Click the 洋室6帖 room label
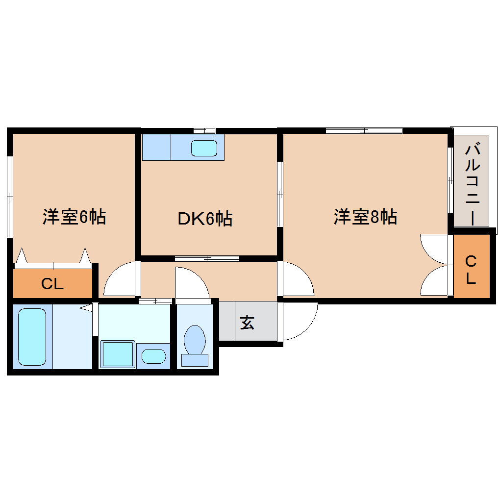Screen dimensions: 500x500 coord(74,216)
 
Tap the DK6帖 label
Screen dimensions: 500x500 coord(204,219)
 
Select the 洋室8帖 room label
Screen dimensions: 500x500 coord(365,216)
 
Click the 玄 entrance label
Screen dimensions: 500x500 coord(247,323)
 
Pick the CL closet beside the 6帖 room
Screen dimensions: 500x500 coord(52,284)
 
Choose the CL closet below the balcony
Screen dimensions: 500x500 coord(471,269)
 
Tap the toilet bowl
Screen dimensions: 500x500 coord(195,340)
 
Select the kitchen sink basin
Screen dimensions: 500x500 coord(204,148)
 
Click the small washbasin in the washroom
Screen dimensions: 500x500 coord(153,355)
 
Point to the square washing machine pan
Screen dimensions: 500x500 coord(117,354)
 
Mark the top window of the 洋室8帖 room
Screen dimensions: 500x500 coord(364,131)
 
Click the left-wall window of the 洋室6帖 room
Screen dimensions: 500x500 coord(10,197)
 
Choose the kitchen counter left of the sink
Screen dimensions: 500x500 coord(156,148)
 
